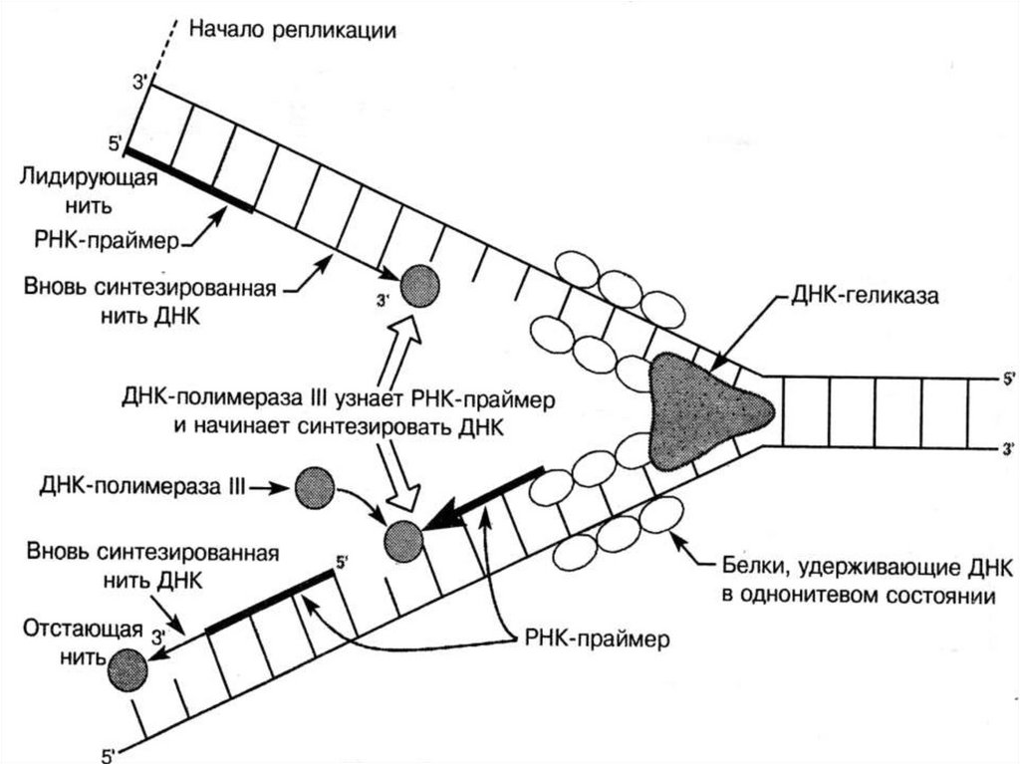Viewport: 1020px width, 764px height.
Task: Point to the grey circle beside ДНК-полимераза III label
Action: click(315, 487)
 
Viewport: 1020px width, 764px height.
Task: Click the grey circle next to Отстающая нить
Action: click(127, 667)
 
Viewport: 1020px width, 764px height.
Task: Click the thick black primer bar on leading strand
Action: click(188, 180)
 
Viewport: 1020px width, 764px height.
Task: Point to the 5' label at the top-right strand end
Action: click(1006, 380)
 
